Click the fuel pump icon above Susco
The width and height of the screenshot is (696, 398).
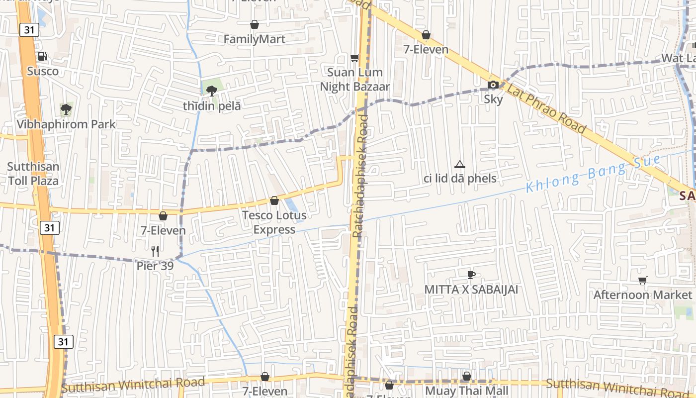43,56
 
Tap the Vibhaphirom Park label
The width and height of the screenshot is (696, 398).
66,124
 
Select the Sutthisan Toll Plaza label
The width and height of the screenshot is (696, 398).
33,174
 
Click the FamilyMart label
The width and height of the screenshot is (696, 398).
255,39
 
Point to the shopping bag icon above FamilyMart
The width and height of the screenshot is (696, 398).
255,24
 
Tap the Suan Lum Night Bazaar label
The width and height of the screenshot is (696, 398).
355,80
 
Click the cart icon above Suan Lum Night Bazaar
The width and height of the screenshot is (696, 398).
355,58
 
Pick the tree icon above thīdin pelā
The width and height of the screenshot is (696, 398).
212,91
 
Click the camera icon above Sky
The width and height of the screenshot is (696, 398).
493,85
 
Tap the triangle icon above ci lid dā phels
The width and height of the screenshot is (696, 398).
460,164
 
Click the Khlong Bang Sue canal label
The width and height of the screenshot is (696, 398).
594,174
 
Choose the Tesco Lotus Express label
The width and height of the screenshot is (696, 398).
274,222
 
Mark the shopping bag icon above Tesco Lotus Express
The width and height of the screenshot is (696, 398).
274,200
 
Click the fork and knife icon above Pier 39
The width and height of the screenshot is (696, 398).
155,251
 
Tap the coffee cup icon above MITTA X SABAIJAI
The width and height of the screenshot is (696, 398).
471,275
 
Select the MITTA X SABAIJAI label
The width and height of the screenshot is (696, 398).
471,290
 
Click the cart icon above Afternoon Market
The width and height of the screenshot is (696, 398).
643,280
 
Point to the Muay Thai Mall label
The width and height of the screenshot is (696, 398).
467,391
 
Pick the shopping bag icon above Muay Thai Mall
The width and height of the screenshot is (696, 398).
467,377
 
